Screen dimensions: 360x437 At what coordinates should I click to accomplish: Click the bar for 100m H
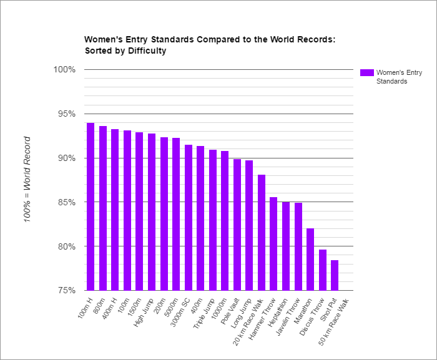click(91, 207)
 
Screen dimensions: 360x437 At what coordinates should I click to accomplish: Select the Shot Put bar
click(335, 275)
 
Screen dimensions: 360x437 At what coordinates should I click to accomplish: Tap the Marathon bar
click(310, 259)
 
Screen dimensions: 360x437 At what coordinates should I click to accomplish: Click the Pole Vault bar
click(237, 225)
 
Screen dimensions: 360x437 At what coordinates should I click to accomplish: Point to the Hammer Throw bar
click(273, 243)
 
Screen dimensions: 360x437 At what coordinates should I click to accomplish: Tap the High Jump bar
click(152, 212)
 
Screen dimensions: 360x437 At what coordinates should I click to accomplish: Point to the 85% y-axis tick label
click(65, 202)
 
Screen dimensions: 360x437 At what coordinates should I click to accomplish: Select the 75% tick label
click(65, 291)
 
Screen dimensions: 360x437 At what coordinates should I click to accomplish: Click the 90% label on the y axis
click(65, 158)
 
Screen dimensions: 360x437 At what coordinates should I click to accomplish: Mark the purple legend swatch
click(366, 72)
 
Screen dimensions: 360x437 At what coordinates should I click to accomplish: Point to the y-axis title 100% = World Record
click(27, 180)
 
